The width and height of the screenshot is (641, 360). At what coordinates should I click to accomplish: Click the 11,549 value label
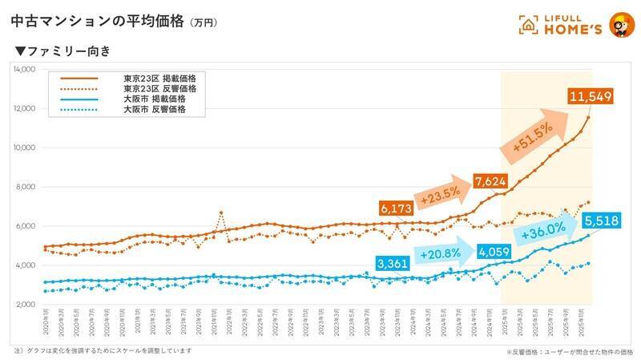tap(591, 98)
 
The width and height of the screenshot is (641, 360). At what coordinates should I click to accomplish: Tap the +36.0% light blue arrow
tap(549, 232)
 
